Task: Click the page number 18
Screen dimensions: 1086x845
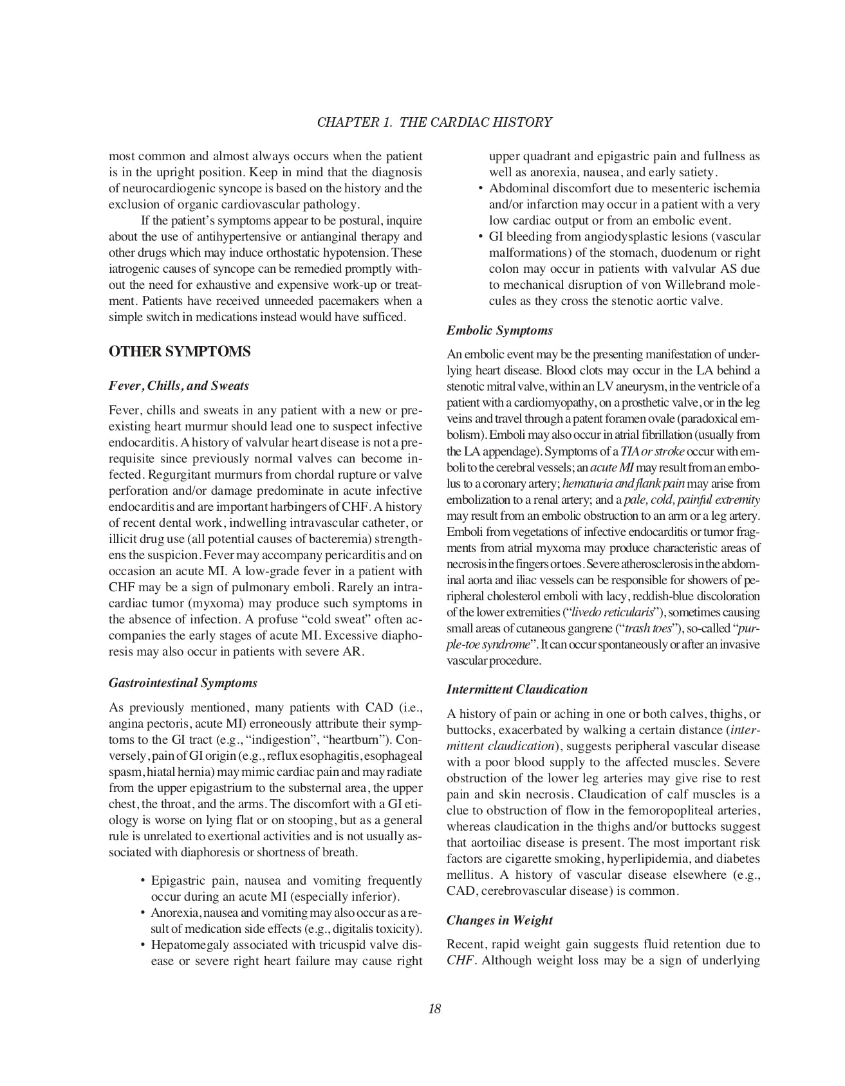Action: [x=434, y=1009]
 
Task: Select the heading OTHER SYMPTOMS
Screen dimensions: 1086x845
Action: [x=180, y=352]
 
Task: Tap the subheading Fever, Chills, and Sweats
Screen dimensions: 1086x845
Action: [x=179, y=386]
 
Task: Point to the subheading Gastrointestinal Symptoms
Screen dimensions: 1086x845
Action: [x=183, y=683]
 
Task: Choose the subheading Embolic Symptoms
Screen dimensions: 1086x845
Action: [x=499, y=331]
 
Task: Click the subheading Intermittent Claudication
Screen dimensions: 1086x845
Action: [x=517, y=690]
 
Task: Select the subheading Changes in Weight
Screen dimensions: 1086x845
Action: [x=499, y=920]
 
